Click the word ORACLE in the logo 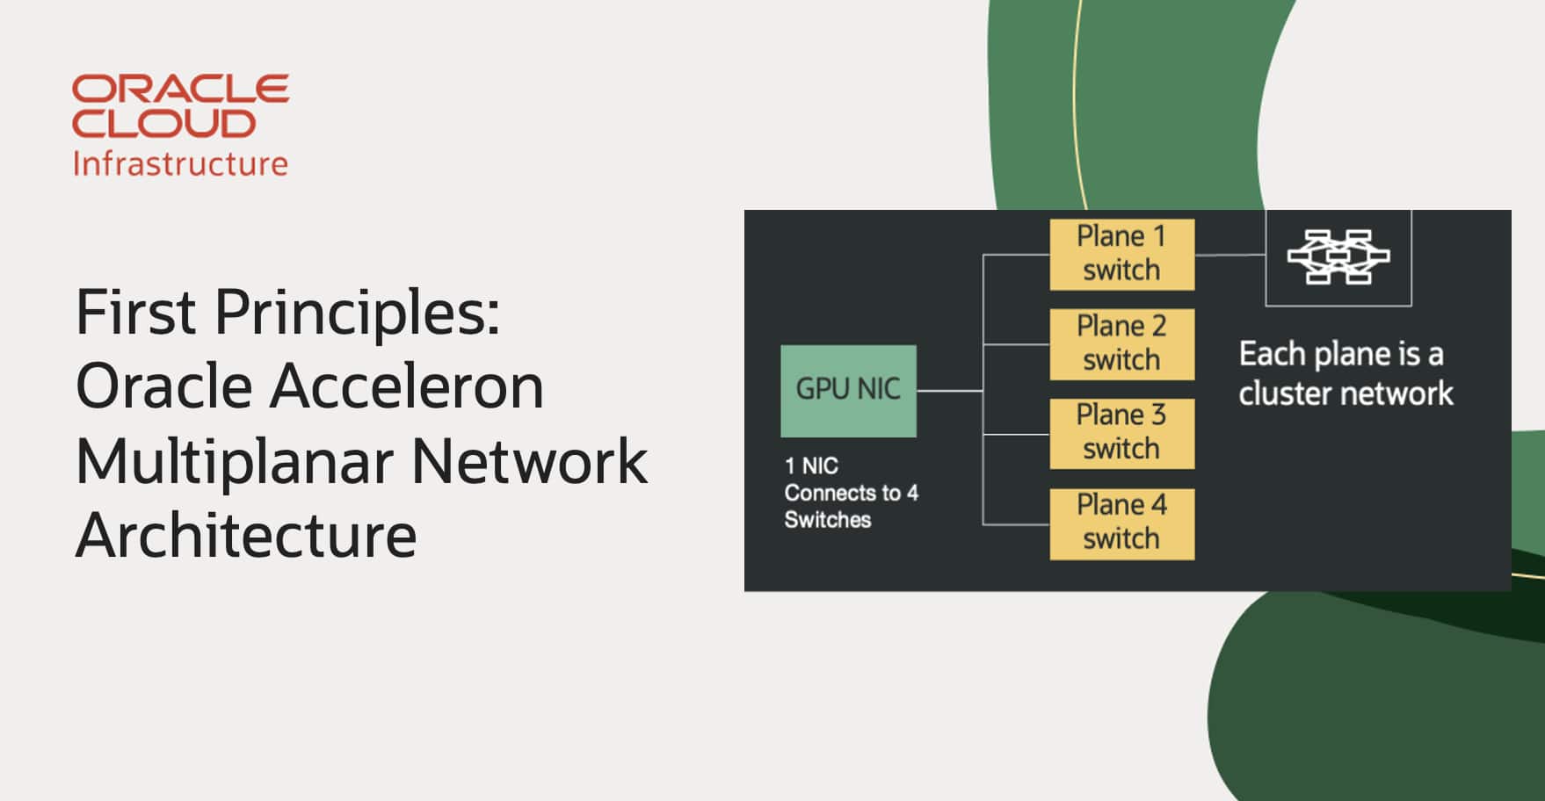(x=180, y=89)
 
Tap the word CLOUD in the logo (x=163, y=124)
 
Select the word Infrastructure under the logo (x=180, y=163)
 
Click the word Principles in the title (x=357, y=313)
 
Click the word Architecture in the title (x=246, y=536)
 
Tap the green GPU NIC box (x=848, y=390)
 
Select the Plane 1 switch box (x=1121, y=254)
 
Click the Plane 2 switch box (x=1121, y=343)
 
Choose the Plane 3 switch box (x=1121, y=433)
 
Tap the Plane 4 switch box (x=1121, y=523)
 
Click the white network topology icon (x=1338, y=256)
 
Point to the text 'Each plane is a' (x=1340, y=354)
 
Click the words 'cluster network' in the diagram (x=1346, y=393)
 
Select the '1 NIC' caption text (x=811, y=465)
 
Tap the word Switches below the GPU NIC (x=827, y=520)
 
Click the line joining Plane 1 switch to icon (x=1229, y=256)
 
